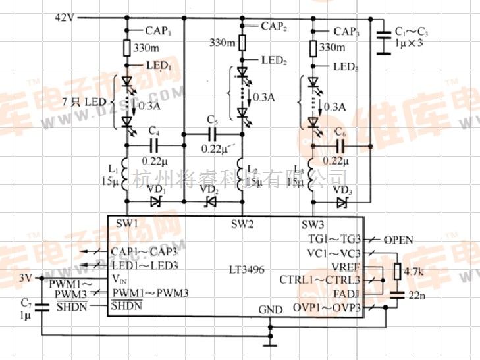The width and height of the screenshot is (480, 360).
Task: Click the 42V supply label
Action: (65, 17)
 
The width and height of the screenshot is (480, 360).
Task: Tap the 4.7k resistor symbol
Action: (397, 271)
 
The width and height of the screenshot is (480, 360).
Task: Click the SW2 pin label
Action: (242, 224)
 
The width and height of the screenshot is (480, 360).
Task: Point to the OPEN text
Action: (398, 240)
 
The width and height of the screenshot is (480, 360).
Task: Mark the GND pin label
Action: (270, 309)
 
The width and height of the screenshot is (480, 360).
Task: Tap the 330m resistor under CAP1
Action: (126, 47)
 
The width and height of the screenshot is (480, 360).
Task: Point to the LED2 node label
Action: (274, 60)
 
